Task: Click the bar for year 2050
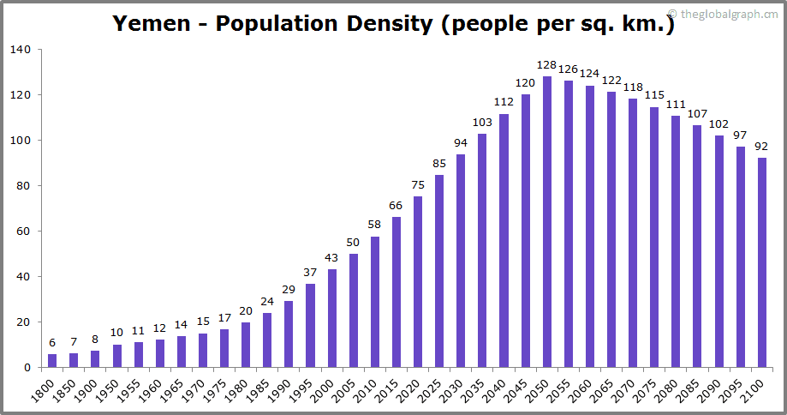(x=546, y=222)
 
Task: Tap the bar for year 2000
(x=332, y=318)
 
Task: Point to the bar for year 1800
(x=52, y=360)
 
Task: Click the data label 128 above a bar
(x=546, y=65)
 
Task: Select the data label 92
(x=762, y=147)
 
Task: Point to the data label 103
(x=482, y=123)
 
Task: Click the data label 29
(x=289, y=291)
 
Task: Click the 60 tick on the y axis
(x=24, y=232)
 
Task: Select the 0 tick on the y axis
(x=27, y=368)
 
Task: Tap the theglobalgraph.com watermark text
(x=728, y=13)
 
